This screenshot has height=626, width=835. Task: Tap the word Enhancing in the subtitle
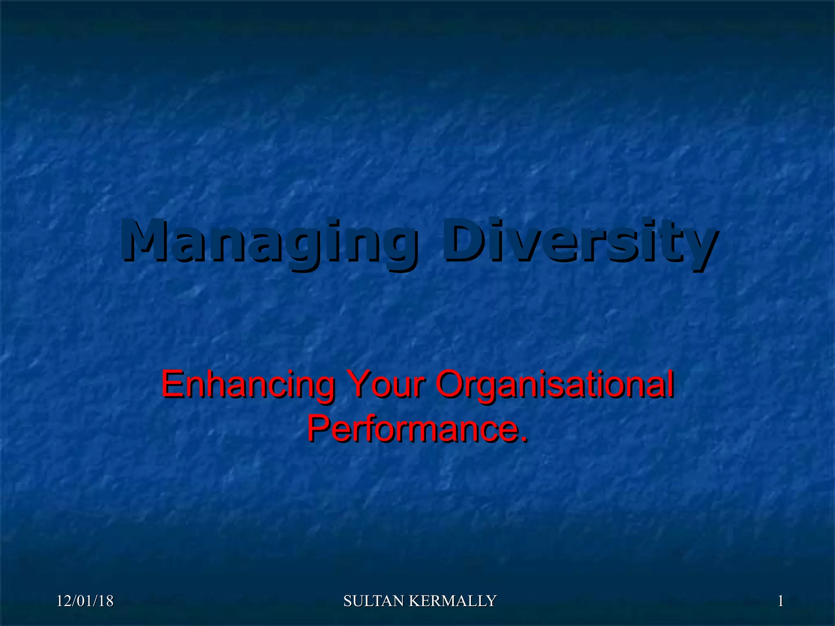pos(248,385)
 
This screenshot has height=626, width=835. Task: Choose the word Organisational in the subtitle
pos(554,385)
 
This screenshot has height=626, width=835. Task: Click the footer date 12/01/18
pos(85,601)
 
